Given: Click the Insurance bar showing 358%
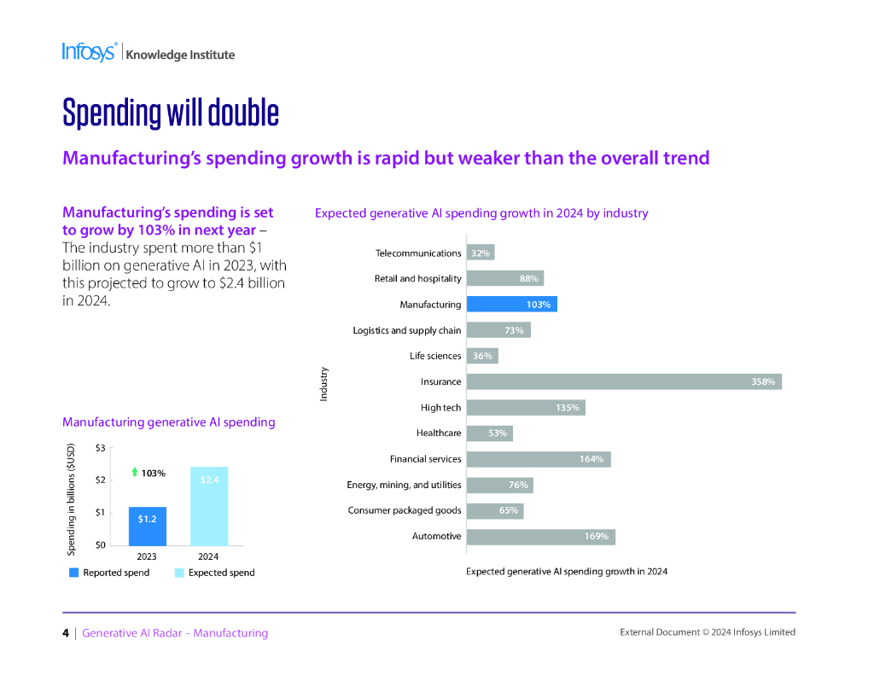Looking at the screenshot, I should (x=623, y=381).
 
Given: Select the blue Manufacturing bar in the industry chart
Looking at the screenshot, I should (x=511, y=305).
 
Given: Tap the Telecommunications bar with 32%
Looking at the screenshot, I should (x=481, y=253).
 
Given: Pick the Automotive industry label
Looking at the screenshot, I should (x=437, y=536).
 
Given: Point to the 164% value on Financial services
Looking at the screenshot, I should (x=591, y=459).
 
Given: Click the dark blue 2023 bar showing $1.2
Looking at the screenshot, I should (x=147, y=526).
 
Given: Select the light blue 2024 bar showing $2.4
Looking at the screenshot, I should (x=209, y=506).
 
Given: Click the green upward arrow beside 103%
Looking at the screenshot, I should (x=134, y=472).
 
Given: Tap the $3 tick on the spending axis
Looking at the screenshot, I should (x=101, y=447).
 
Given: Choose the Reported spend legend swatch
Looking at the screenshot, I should (x=73, y=573).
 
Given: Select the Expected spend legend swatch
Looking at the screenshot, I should (x=179, y=573).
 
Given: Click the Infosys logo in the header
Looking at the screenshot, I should (x=89, y=52).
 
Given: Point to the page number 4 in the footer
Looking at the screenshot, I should (x=66, y=633).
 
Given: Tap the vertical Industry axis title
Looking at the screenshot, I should (x=323, y=383).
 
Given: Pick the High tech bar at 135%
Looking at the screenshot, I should (x=526, y=408).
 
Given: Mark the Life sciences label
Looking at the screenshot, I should (x=435, y=356).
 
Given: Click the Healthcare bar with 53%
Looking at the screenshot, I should (x=489, y=434).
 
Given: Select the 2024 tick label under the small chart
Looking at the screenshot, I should (x=208, y=556).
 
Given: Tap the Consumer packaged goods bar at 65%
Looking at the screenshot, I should (x=495, y=510).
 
